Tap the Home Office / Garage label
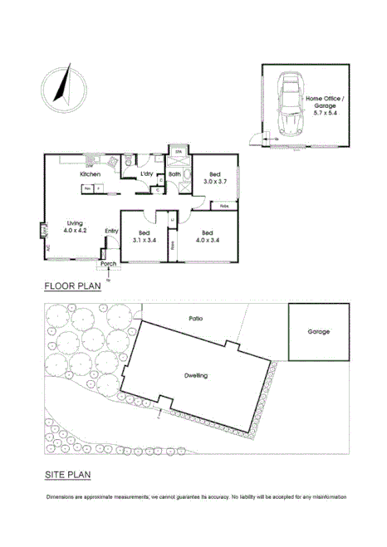[x=324, y=103]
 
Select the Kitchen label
[x=91, y=175]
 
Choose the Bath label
[x=174, y=174]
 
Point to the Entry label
[x=111, y=232]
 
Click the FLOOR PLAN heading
[x=72, y=287]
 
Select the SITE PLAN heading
[x=68, y=475]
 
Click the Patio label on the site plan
[x=196, y=318]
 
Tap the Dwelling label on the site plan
[x=196, y=376]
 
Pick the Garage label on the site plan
[x=319, y=331]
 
